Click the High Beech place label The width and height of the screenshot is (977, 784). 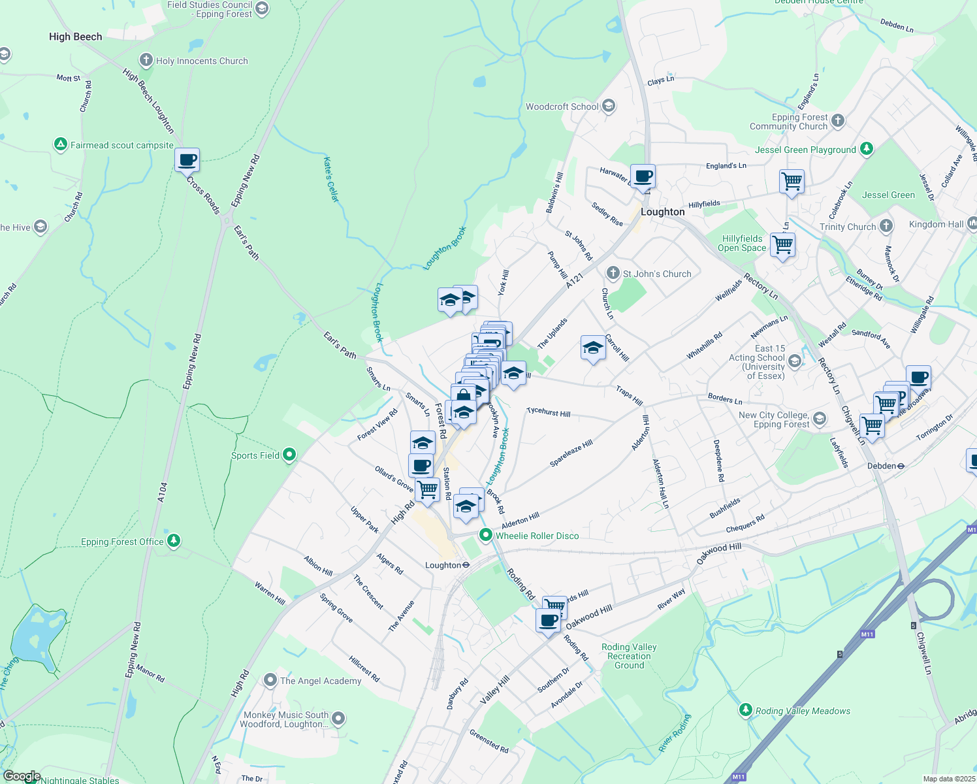(x=75, y=37)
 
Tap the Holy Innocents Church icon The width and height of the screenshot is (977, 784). (x=146, y=60)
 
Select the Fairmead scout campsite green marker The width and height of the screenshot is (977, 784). (x=61, y=144)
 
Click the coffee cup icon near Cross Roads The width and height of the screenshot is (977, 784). (x=187, y=159)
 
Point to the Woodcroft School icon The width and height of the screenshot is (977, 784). (x=609, y=106)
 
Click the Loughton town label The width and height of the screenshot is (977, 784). (x=662, y=212)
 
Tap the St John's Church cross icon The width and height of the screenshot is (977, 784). (x=613, y=273)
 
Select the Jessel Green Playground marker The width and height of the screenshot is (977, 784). (x=867, y=149)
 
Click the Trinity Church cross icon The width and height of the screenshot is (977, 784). (x=886, y=226)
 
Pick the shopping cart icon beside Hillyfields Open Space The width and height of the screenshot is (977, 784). (x=782, y=245)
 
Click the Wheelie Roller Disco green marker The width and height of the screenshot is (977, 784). (x=486, y=535)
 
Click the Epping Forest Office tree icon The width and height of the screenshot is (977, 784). (x=173, y=540)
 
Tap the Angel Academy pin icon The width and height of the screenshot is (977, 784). (x=270, y=680)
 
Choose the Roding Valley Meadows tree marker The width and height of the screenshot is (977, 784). (x=746, y=710)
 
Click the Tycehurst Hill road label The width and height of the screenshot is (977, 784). (x=548, y=412)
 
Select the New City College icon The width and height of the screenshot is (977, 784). (x=820, y=418)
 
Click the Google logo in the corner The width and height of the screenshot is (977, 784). (x=22, y=776)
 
